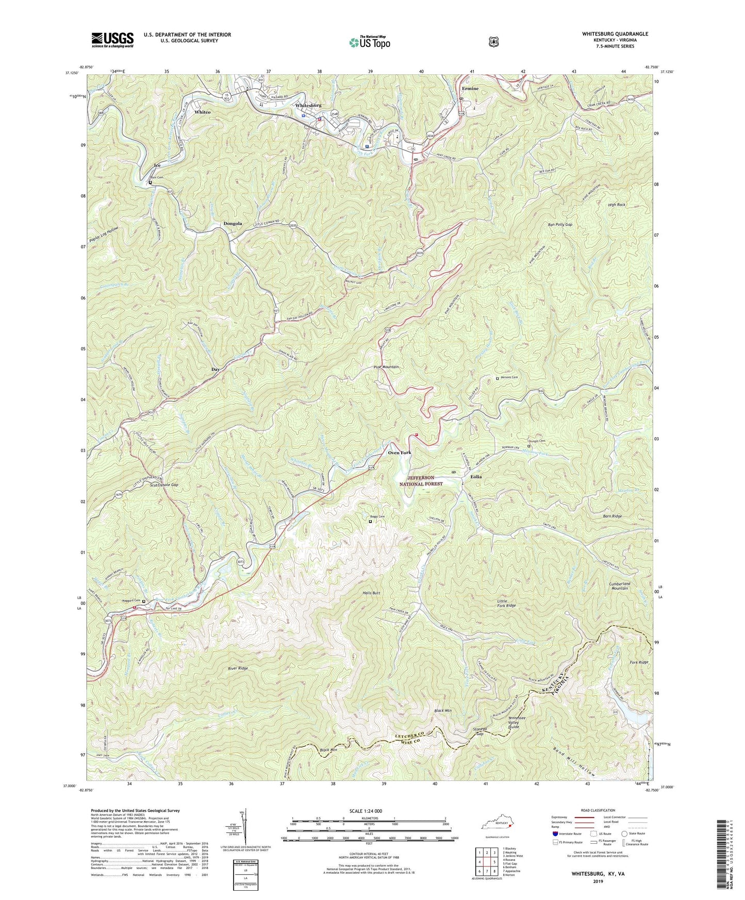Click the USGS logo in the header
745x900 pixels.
[112, 39]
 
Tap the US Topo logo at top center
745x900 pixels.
[369, 42]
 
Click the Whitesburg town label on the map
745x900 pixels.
[308, 105]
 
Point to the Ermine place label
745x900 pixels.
[470, 89]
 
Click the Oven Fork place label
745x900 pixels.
[400, 453]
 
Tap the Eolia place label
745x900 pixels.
[475, 477]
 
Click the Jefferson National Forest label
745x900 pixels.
[421, 481]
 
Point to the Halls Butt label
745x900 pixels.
[371, 593]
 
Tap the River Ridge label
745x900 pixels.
[238, 668]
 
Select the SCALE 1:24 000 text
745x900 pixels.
[366, 811]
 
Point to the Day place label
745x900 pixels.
[216, 370]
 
